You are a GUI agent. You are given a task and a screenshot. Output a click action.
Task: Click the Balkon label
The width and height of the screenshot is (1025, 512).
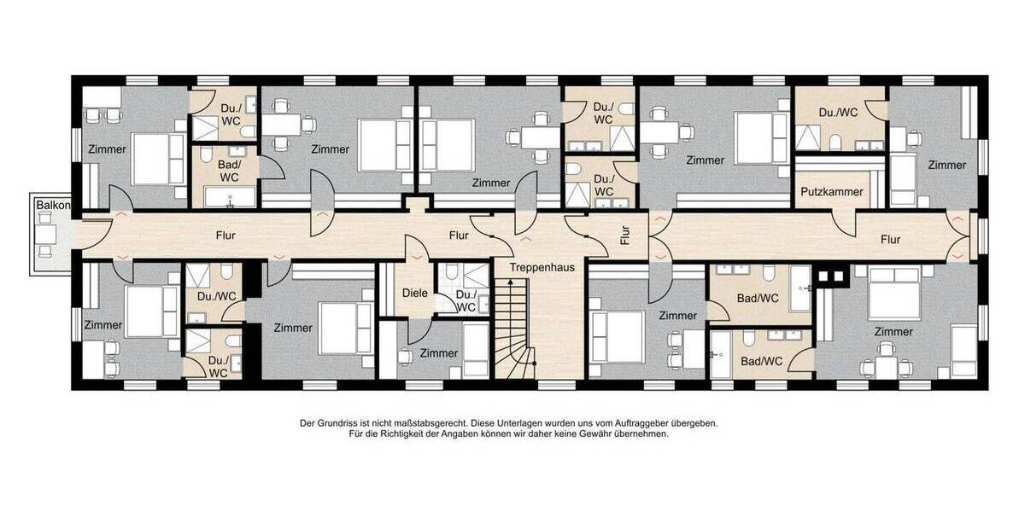pos(53,206)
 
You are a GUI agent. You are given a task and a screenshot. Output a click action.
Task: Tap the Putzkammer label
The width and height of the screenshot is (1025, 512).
pos(831,191)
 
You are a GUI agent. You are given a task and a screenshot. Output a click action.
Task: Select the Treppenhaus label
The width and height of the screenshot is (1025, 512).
pos(542,267)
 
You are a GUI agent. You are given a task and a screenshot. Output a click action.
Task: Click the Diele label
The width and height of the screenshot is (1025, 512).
pos(415,293)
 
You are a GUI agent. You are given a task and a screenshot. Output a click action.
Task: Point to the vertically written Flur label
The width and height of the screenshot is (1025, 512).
pos(625,236)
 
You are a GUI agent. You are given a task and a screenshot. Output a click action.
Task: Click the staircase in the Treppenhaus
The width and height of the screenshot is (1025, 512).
pos(515,329)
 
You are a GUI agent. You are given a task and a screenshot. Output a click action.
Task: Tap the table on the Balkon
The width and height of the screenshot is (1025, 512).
pos(46,235)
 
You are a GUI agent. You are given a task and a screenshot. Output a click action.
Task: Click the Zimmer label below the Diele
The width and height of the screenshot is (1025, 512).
pos(439,353)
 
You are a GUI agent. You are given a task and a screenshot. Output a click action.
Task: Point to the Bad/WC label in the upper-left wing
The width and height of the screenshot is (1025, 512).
pos(229,171)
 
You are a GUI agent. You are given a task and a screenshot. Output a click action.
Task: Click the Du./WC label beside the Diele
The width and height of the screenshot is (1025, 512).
pos(466,301)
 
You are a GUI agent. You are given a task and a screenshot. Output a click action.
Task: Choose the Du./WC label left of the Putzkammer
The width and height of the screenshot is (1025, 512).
pos(604,185)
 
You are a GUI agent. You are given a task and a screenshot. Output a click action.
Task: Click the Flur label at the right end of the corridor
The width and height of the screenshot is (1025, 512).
pos(890,239)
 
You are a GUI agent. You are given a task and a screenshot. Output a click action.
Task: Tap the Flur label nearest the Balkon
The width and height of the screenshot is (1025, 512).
pos(225,236)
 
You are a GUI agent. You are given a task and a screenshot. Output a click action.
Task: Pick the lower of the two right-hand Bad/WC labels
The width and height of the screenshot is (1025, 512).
pos(761,361)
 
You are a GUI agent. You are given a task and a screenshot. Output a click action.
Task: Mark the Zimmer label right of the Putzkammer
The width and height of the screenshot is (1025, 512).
pos(946,165)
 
